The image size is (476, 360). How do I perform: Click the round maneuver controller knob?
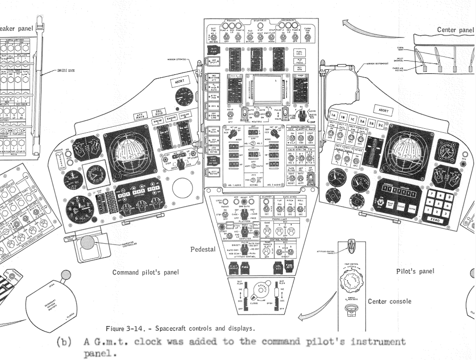88,243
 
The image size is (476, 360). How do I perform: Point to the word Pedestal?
202,249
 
